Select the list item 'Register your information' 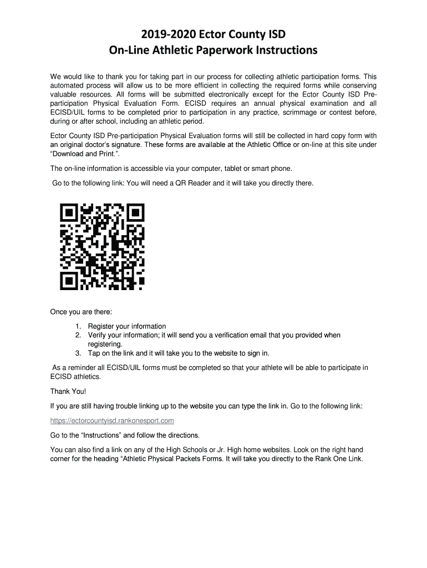tap(126, 326)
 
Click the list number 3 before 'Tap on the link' tap(79, 353)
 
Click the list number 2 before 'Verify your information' tap(79, 335)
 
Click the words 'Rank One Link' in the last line tap(338, 459)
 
